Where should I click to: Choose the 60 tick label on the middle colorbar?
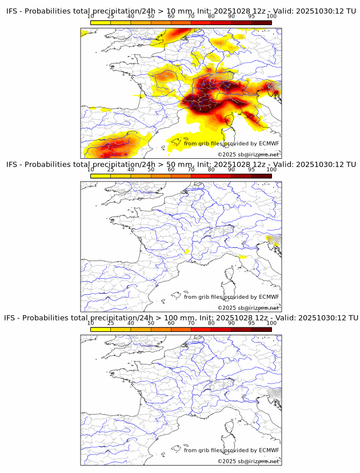171,170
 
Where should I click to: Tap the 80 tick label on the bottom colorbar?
211,323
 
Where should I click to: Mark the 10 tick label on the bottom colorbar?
90,323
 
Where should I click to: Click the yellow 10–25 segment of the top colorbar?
100,22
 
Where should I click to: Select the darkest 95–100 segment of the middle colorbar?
261,176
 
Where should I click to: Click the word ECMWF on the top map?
269,143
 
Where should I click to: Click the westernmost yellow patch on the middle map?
187,251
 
